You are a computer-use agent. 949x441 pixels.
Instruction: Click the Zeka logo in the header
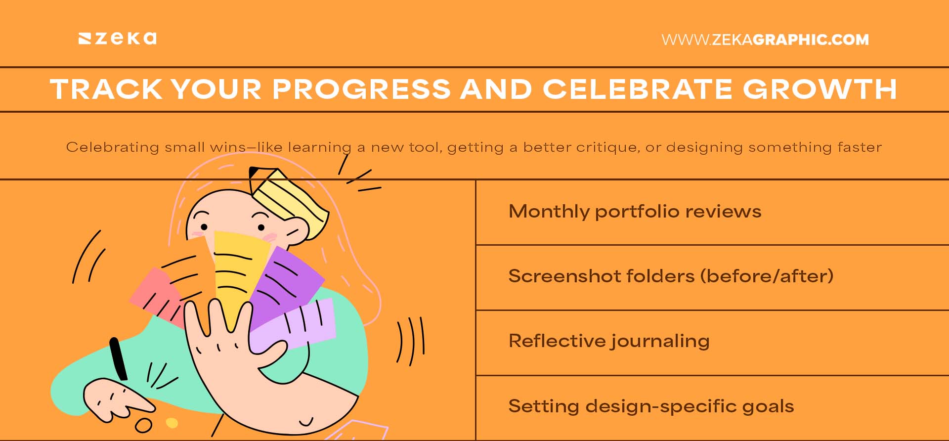pos(118,39)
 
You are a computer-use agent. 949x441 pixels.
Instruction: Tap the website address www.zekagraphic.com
pos(765,40)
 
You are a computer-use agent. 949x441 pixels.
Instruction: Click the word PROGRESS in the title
pos(361,89)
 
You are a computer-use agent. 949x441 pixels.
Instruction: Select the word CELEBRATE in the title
pos(638,89)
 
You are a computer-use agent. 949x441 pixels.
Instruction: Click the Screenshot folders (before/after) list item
pos(671,276)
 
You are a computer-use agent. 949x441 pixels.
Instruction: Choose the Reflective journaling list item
pos(608,341)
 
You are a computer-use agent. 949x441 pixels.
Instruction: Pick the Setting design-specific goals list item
pos(651,406)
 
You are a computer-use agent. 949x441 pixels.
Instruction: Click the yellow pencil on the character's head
pos(289,200)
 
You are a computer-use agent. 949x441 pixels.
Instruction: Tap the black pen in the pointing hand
pos(118,358)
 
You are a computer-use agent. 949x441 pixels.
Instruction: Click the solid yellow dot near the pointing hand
pos(172,423)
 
